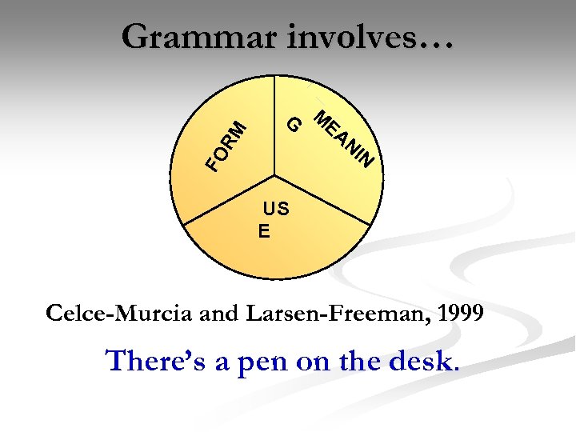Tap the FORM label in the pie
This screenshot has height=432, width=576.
pos(225,145)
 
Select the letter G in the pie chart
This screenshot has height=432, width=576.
pos(294,125)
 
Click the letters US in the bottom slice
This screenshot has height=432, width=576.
pos(277,210)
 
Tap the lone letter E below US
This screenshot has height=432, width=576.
pos(263,232)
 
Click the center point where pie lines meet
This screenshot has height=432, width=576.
pos(274,175)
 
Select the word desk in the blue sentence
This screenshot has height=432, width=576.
pos(422,361)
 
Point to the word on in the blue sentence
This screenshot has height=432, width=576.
pos(314,362)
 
